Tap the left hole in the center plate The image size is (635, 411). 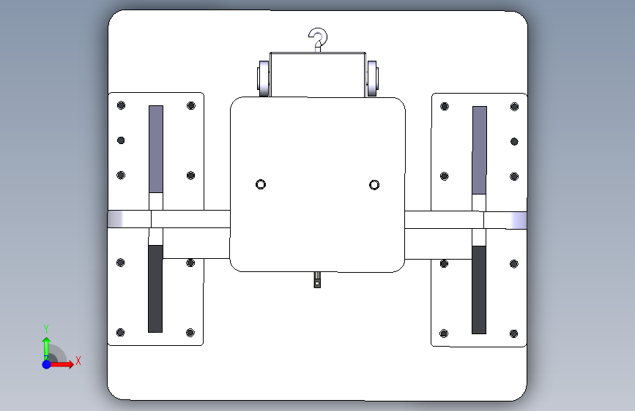tap(261, 184)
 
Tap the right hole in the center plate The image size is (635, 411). tap(374, 185)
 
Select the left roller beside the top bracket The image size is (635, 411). tap(263, 78)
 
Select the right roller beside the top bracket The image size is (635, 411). tap(372, 78)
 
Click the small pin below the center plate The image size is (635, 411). tap(317, 279)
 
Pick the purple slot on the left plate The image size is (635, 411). tap(156, 149)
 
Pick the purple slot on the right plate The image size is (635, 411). tap(480, 150)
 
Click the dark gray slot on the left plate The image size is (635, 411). tap(155, 289)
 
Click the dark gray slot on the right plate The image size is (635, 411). tap(479, 290)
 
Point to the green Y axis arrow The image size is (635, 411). tap(46, 349)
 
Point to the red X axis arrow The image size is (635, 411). tap(61, 364)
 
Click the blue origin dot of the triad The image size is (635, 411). tap(47, 364)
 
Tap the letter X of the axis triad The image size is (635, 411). tap(78, 361)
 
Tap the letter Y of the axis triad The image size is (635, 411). tap(46, 328)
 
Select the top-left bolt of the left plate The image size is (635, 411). tap(121, 105)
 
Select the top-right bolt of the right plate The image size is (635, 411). tap(514, 107)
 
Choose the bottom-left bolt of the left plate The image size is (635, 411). tap(120, 333)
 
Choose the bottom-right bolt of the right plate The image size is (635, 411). tap(513, 333)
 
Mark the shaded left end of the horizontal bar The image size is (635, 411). tap(116, 219)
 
